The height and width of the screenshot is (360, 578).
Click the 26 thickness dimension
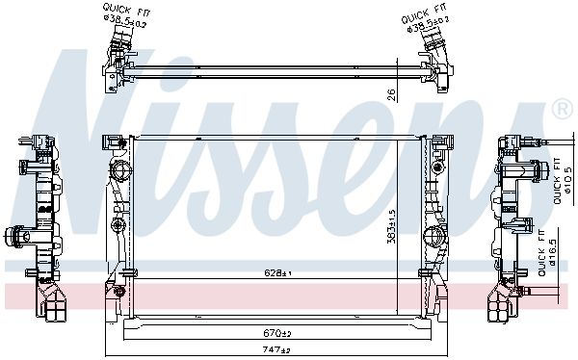coord(391,93)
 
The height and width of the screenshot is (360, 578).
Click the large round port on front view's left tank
coord(120,173)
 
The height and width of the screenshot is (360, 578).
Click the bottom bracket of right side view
coord(506,305)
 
